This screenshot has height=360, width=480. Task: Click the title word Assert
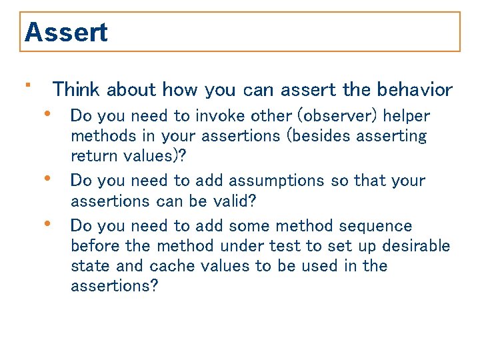pos(66,32)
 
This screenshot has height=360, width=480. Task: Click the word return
pos(95,156)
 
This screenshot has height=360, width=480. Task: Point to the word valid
pos(233,201)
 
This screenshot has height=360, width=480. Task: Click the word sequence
pos(376,226)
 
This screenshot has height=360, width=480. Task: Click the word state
pos(91,266)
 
